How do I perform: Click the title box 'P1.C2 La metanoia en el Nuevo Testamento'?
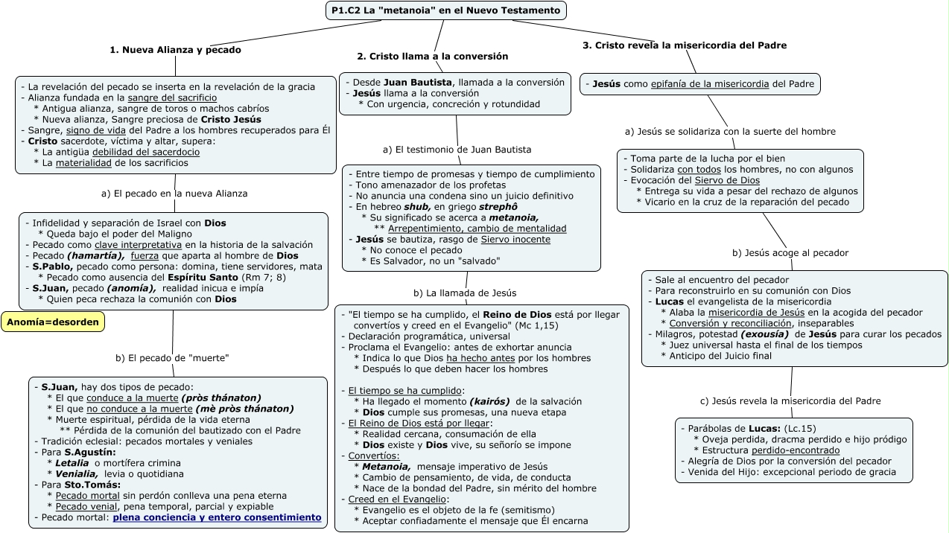pyautogui.click(x=445, y=10)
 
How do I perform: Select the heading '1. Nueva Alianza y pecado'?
pyautogui.click(x=175, y=50)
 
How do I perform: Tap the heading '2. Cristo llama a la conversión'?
pyautogui.click(x=432, y=56)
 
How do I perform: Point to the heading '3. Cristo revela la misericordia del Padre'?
pyautogui.click(x=685, y=45)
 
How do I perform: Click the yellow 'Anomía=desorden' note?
pyautogui.click(x=53, y=322)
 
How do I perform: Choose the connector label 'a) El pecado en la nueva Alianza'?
pyautogui.click(x=174, y=194)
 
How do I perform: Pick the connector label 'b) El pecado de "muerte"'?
pyautogui.click(x=172, y=358)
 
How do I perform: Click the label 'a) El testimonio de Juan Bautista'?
pyautogui.click(x=457, y=150)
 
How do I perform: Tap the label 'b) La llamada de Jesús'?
pyautogui.click(x=465, y=293)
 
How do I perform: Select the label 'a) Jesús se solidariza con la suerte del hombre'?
pyautogui.click(x=730, y=132)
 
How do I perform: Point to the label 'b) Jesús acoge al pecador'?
pyautogui.click(x=790, y=253)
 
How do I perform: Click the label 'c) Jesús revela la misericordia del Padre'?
pyautogui.click(x=790, y=401)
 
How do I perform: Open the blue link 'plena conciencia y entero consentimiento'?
pyautogui.click(x=217, y=517)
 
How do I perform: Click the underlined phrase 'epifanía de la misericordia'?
pyautogui.click(x=710, y=84)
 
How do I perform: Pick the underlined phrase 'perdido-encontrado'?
pyautogui.click(x=796, y=450)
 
